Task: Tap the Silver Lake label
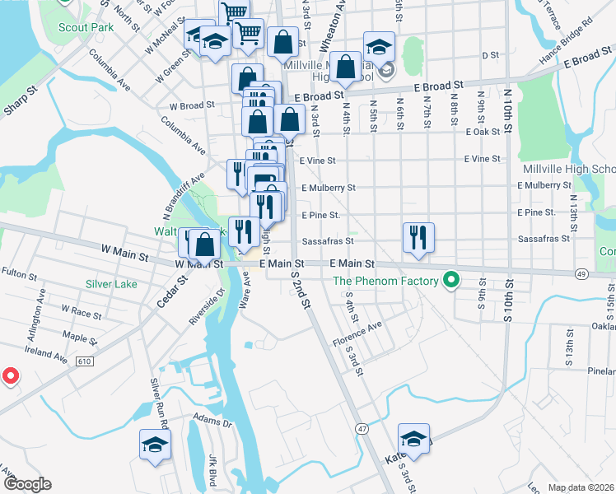point(110,284)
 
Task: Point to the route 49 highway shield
point(581,273)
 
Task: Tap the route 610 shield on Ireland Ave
point(84,361)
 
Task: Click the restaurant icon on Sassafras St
point(418,237)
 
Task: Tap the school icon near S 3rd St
point(414,439)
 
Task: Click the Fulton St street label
point(15,271)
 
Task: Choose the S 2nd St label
point(300,296)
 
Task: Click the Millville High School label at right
point(569,170)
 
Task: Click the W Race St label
point(81,313)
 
